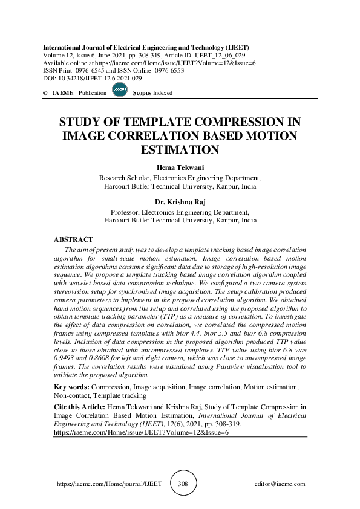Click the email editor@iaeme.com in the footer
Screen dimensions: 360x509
coord(280,484)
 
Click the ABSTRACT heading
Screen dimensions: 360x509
coord(73,240)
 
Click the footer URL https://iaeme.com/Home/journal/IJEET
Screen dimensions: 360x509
coord(109,484)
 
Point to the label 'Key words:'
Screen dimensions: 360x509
coord(71,386)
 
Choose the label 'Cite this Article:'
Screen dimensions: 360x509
coord(79,408)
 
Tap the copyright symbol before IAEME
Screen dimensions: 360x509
coord(45,93)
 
